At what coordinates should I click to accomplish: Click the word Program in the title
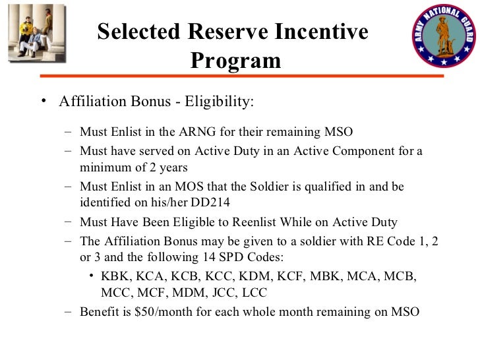coord(235,61)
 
